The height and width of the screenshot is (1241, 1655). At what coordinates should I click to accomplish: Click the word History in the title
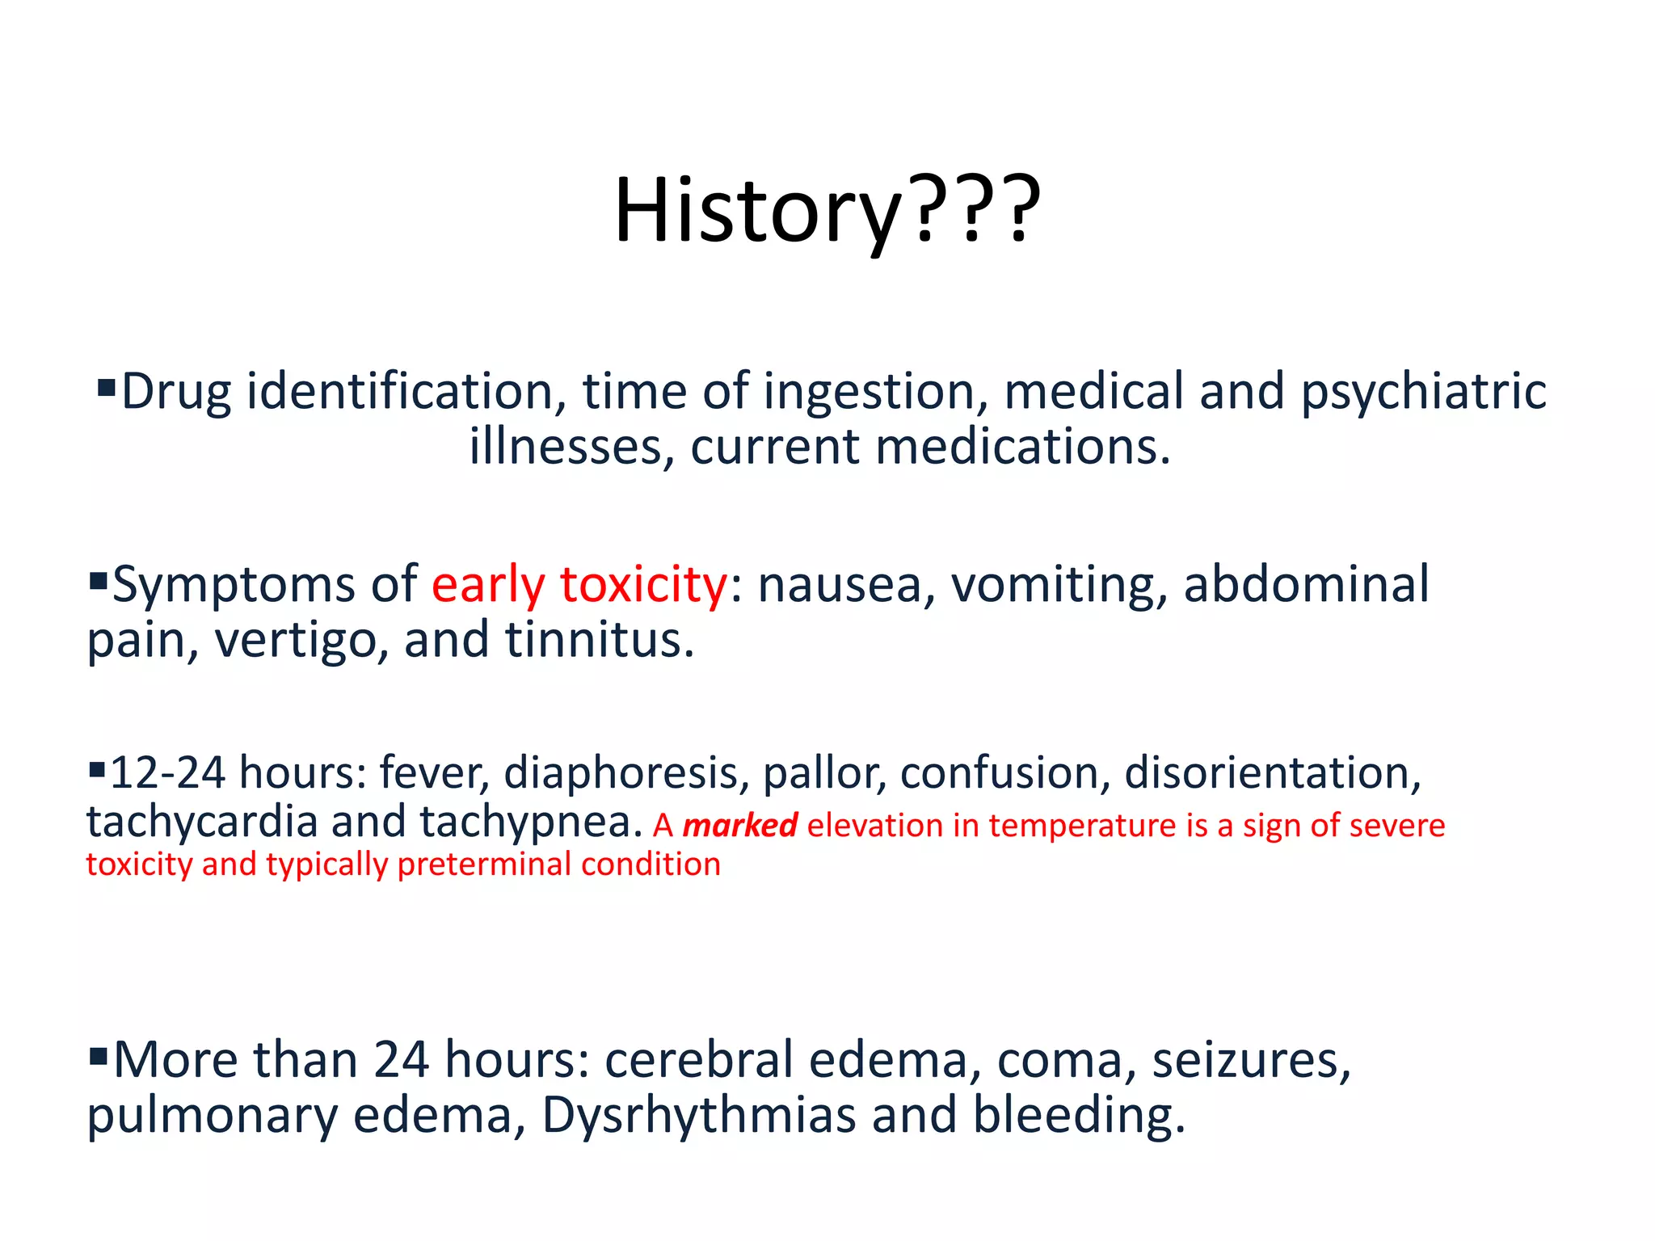(x=756, y=212)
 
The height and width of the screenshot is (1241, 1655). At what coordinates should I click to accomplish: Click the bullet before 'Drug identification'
(x=106, y=388)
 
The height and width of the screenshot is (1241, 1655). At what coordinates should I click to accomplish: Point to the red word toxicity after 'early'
(x=643, y=586)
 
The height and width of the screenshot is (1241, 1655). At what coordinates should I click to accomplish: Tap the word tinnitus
(x=599, y=641)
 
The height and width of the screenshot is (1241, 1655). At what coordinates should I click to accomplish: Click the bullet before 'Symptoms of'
(x=98, y=580)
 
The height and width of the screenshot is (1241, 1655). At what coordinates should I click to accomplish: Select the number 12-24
(x=167, y=773)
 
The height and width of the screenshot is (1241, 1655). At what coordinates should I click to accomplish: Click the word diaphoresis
(x=621, y=774)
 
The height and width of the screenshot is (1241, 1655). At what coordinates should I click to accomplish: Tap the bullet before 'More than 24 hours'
(x=98, y=1055)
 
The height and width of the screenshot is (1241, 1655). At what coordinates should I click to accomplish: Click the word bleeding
(x=1077, y=1117)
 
